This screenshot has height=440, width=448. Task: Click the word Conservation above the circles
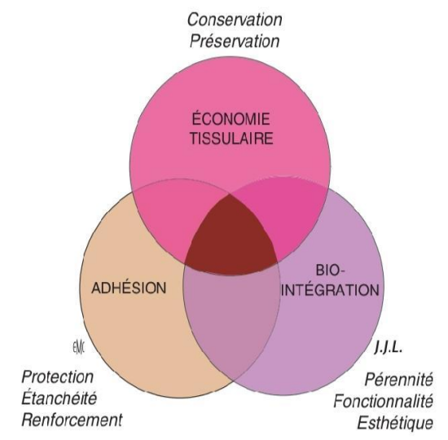click(235, 20)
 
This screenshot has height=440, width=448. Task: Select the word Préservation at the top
click(235, 42)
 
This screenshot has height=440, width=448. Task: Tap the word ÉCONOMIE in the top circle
click(231, 118)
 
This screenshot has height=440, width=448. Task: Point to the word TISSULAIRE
click(231, 139)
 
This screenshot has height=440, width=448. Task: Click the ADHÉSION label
click(129, 287)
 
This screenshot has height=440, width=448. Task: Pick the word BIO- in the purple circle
click(331, 271)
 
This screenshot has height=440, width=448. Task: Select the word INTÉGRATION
click(330, 290)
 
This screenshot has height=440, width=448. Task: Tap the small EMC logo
click(78, 347)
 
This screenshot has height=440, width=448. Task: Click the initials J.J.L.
click(389, 348)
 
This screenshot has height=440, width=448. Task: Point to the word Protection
click(58, 376)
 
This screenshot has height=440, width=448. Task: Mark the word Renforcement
click(72, 420)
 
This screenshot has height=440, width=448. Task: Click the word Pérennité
click(399, 379)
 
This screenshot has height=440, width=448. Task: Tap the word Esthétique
click(395, 422)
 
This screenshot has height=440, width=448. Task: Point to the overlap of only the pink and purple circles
click(288, 218)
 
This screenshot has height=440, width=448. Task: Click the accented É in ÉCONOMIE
click(196, 118)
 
